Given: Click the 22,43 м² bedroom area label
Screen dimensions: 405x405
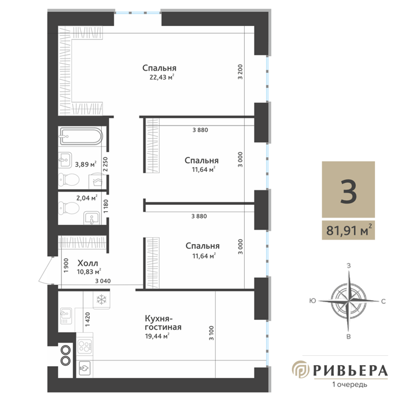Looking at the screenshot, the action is (161, 77).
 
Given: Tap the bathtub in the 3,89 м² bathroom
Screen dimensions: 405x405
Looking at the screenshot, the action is (82, 136).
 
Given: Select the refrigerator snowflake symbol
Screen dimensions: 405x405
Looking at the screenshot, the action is (101, 300).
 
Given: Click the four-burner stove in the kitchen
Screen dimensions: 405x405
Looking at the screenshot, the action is (84, 346).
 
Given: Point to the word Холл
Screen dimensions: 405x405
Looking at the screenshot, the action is (88, 263).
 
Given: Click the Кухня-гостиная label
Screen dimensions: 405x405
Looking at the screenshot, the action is (163, 322).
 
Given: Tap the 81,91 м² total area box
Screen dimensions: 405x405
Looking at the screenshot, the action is (348, 230).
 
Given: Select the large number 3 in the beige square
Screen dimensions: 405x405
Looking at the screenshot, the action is (348, 192).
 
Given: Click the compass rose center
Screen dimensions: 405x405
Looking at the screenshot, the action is (348, 301).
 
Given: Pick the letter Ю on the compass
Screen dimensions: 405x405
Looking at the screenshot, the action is (312, 301).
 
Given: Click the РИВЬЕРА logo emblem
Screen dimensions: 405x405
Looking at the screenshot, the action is (301, 369).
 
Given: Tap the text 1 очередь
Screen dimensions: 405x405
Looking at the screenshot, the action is (349, 384).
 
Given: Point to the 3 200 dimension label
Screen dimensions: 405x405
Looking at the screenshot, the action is (241, 72).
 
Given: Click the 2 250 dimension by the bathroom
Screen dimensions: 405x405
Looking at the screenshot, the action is (105, 164).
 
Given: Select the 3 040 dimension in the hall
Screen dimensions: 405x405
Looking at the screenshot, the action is (103, 281).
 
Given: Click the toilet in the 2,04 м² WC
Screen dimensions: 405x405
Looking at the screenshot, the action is (68, 208).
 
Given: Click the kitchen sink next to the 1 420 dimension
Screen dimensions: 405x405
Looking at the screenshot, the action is (66, 316).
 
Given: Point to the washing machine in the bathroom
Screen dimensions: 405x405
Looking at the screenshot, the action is (95, 181).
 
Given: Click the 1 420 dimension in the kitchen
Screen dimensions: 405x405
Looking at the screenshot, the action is (87, 319).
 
